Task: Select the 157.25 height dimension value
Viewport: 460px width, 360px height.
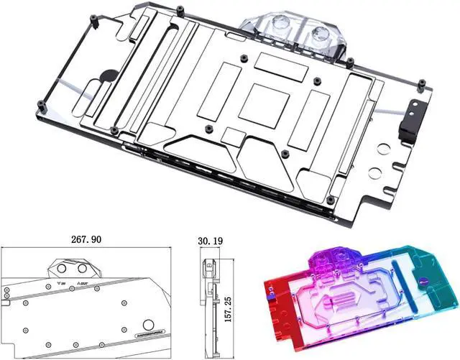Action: coord(228,308)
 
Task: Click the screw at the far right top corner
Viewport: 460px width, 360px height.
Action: coord(422,84)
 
